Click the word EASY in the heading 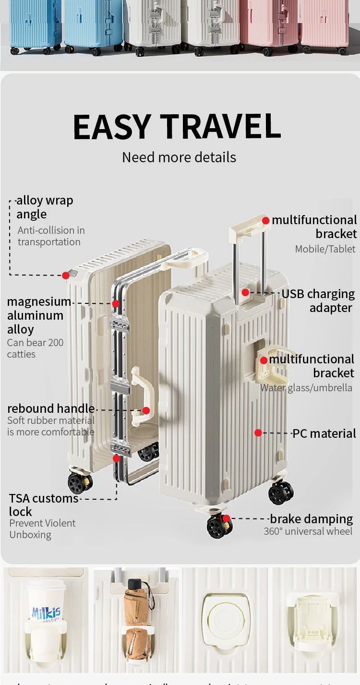click(112, 127)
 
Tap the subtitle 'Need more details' click(179, 157)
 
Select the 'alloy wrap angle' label click(44, 207)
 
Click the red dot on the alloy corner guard click(66, 275)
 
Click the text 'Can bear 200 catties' click(35, 349)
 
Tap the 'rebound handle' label click(51, 409)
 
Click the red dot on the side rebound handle click(146, 410)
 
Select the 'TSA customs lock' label click(43, 505)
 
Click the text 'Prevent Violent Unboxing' click(42, 529)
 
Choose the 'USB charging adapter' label click(318, 300)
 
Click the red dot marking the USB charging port click(245, 292)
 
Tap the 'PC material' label click(324, 433)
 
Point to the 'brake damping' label click(311, 519)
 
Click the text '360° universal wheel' click(308, 531)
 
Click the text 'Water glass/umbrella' click(306, 388)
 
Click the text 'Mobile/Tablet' click(325, 249)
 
